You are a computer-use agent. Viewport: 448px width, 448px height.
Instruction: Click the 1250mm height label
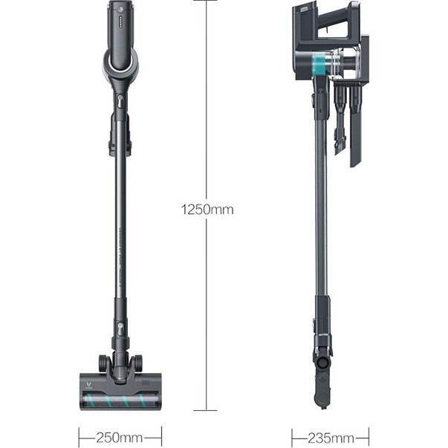tap(207, 210)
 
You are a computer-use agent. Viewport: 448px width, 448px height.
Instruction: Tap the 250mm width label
tap(119, 438)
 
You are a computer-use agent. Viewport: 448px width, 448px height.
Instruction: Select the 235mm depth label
tap(331, 438)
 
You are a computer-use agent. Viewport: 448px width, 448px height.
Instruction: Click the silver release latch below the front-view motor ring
tap(120, 101)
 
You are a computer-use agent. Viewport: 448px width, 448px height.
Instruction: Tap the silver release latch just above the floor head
tap(120, 328)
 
